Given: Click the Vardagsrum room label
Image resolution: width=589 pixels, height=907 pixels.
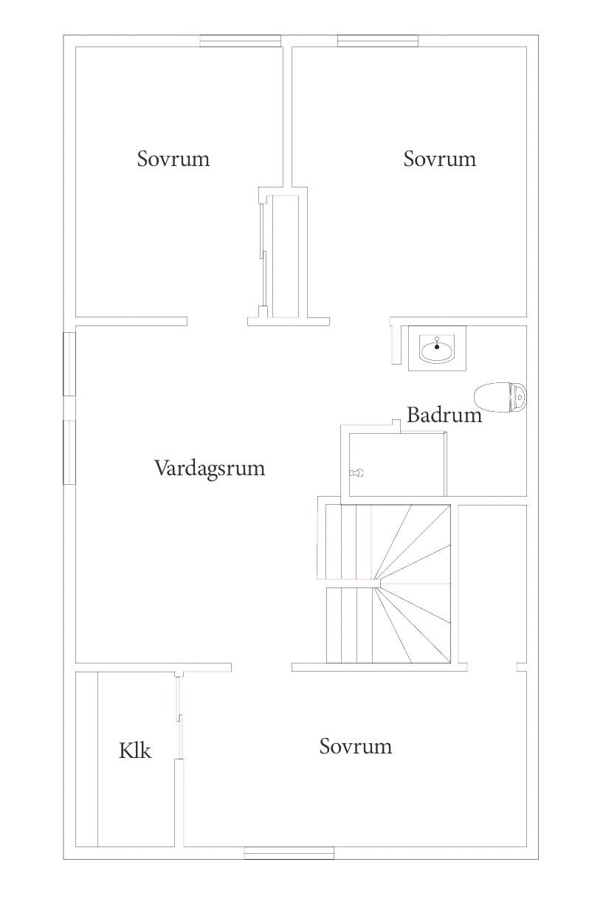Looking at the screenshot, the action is (210, 469).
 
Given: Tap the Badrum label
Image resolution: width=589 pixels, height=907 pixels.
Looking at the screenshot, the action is (444, 415).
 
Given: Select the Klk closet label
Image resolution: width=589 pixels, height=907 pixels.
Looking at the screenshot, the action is (135, 751).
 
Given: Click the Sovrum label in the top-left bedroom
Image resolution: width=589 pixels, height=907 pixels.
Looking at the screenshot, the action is (173, 159).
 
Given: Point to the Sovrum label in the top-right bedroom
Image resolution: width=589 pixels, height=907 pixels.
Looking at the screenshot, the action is (439, 159).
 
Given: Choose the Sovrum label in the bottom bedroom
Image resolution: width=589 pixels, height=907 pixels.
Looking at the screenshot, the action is (356, 746).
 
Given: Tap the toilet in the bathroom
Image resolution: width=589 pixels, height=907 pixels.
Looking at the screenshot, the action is (500, 398).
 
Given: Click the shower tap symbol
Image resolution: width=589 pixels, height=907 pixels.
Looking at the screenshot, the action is (356, 472).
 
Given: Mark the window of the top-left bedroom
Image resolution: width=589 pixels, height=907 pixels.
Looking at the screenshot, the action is (240, 41).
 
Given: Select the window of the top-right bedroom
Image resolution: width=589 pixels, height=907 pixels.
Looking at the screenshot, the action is (378, 41).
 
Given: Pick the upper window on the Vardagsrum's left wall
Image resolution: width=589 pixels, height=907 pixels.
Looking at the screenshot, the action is (69, 364).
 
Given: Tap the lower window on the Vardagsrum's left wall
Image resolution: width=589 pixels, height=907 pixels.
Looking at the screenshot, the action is (69, 452).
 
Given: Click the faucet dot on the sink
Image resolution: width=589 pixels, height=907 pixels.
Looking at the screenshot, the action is (437, 347).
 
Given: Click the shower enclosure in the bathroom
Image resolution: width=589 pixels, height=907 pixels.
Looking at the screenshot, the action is (397, 464).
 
